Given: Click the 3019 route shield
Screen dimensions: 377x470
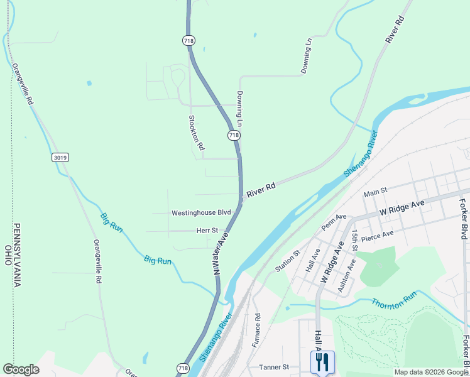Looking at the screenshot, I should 60,158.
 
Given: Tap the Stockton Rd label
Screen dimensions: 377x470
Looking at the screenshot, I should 196,132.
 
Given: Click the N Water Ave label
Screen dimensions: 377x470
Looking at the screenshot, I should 221,253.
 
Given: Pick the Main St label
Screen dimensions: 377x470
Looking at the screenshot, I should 376,190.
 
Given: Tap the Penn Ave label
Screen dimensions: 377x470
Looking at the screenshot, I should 334,221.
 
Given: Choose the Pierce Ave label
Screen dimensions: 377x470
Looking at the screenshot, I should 377,236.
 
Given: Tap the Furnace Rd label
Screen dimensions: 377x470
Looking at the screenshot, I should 256,331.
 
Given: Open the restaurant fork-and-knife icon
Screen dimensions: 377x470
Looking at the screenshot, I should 322,362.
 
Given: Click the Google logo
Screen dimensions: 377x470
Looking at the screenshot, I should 21,369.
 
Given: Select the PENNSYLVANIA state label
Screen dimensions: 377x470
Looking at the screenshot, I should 17,254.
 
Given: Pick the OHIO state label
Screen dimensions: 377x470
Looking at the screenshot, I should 8,254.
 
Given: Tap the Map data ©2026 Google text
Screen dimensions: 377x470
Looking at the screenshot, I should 430,372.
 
